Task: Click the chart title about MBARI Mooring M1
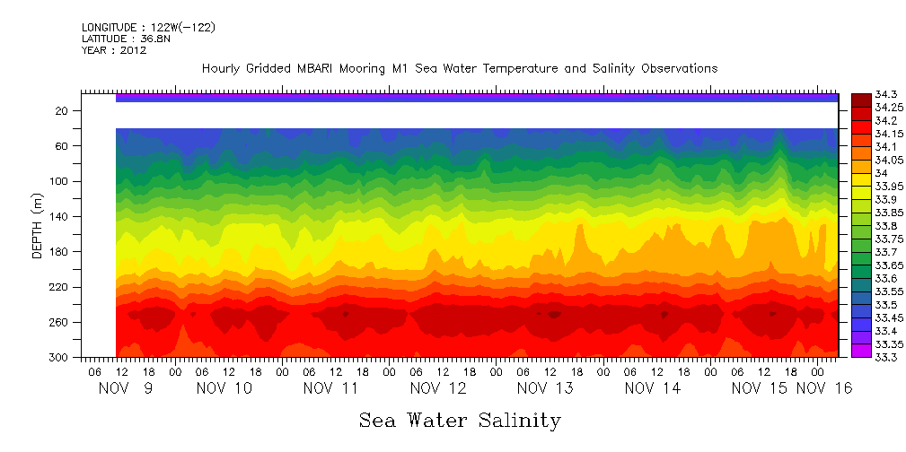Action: [460, 68]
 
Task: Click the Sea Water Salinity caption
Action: [460, 420]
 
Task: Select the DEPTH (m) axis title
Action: [38, 230]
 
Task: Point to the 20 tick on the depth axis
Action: [63, 110]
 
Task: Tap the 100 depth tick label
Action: [60, 181]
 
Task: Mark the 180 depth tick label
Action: [60, 252]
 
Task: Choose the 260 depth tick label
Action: [60, 322]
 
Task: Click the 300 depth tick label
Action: [60, 358]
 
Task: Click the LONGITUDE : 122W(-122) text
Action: [148, 28]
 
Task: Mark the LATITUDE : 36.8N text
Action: [124, 39]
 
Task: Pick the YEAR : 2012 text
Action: [114, 50]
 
